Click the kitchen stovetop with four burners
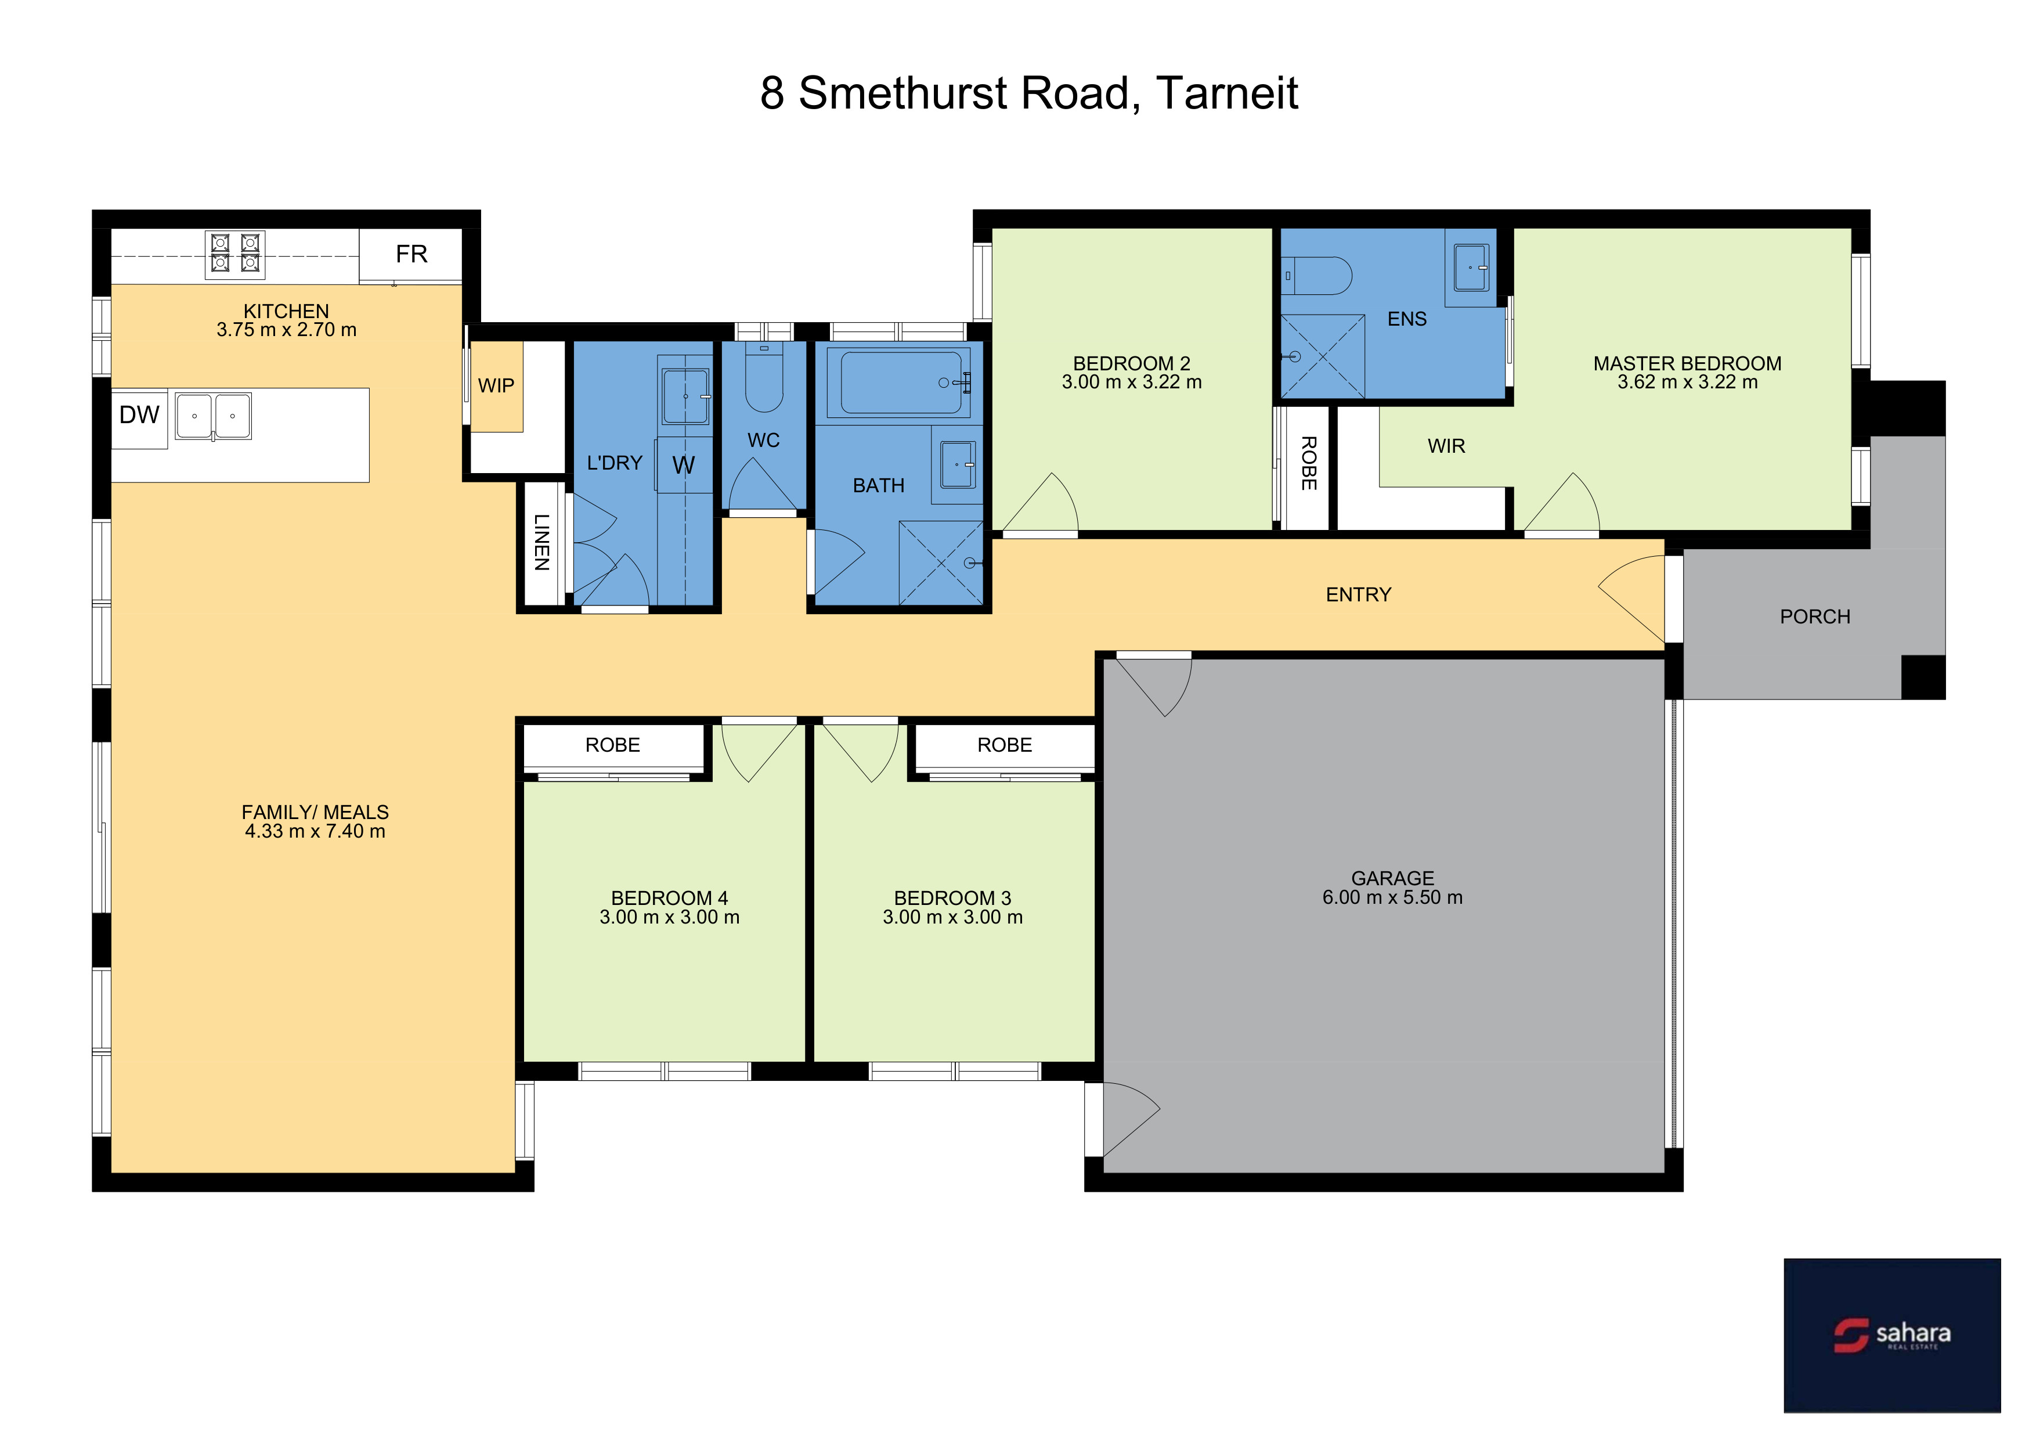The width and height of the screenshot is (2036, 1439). pyautogui.click(x=235, y=254)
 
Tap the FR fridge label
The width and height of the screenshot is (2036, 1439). pyautogui.click(x=411, y=254)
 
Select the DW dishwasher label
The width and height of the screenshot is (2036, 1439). pyautogui.click(x=139, y=415)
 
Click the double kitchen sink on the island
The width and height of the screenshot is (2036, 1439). pyautogui.click(x=213, y=416)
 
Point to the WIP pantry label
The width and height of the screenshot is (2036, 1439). pyautogui.click(x=496, y=385)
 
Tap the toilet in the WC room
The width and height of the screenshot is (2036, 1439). pyautogui.click(x=764, y=378)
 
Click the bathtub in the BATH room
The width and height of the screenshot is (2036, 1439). pyautogui.click(x=900, y=382)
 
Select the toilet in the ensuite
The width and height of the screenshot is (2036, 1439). pyautogui.click(x=1317, y=276)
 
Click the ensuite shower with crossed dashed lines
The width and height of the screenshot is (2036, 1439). pyautogui.click(x=1322, y=356)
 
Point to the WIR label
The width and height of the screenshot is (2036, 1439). pyautogui.click(x=1446, y=446)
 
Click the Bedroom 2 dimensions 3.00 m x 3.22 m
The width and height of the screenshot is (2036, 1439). pyautogui.click(x=1132, y=382)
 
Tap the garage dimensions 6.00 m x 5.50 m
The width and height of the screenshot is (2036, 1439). pyautogui.click(x=1392, y=897)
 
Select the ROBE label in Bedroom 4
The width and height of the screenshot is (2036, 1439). pyautogui.click(x=613, y=745)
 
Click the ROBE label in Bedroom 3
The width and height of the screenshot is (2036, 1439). pyautogui.click(x=1005, y=745)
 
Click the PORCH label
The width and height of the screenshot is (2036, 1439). pyautogui.click(x=1815, y=616)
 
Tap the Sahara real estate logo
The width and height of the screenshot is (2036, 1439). pyautogui.click(x=1892, y=1335)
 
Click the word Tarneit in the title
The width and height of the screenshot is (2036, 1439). pyautogui.click(x=1228, y=93)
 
